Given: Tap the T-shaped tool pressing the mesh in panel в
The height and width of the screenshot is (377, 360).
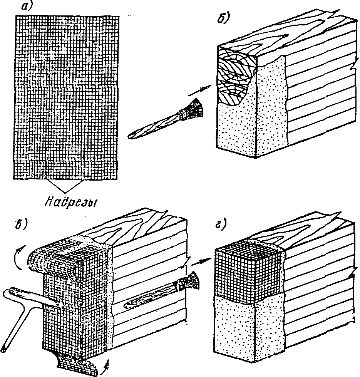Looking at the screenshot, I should click(x=23, y=308).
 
